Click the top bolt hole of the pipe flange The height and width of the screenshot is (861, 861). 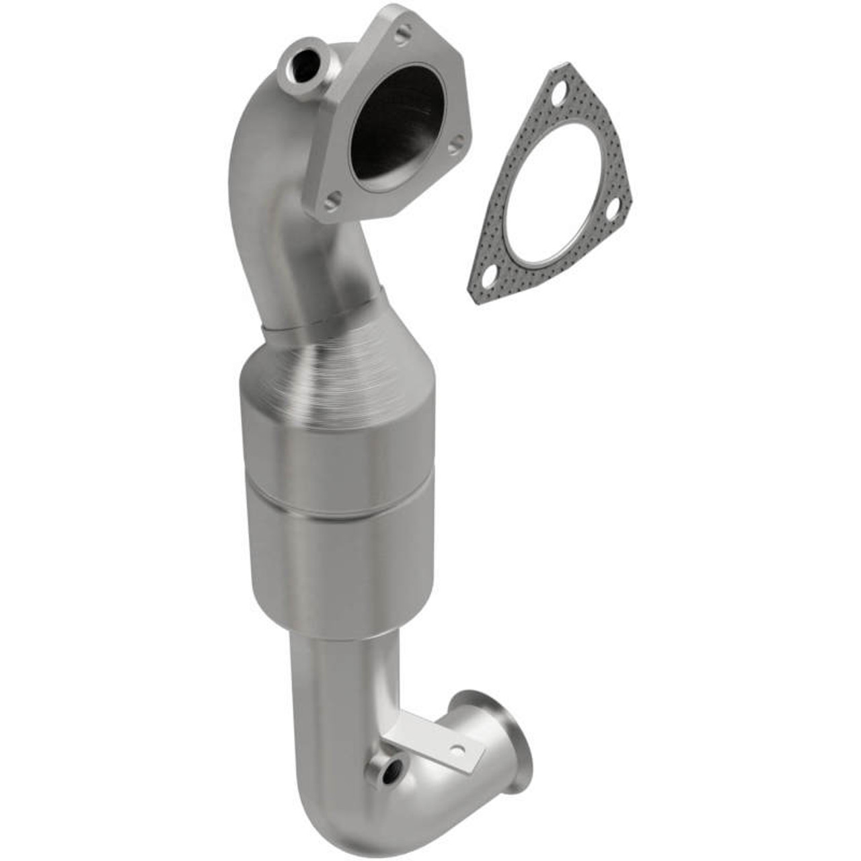tap(402, 30)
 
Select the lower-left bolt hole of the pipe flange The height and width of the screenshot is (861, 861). tap(330, 200)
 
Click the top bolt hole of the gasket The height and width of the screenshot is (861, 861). tap(556, 95)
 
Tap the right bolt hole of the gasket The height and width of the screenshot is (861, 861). tap(613, 210)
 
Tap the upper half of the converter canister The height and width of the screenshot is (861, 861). tap(336, 457)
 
